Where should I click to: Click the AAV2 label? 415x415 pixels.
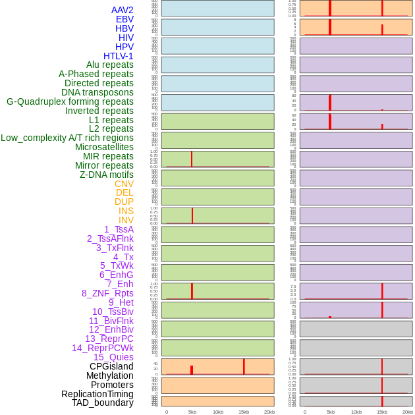(122, 10)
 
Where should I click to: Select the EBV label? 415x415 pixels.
(124, 19)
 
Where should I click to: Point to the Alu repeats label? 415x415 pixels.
(109, 65)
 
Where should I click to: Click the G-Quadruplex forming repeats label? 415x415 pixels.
(70, 101)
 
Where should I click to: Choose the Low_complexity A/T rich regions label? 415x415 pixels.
(67, 138)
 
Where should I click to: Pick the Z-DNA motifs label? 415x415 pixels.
(106, 175)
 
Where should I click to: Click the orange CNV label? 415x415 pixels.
(124, 184)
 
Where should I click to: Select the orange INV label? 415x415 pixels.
(126, 220)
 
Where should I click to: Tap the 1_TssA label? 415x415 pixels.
(119, 229)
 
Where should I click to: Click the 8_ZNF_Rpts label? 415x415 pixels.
(107, 293)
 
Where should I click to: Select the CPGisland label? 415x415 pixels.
(111, 366)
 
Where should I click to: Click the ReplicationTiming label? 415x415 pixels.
(97, 394)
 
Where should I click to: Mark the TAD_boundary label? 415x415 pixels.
(102, 402)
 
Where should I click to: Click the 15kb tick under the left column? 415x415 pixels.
(244, 412)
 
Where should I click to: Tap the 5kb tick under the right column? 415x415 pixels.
(331, 412)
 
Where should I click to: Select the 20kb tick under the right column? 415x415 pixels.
(408, 412)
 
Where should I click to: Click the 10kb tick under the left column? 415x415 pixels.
(218, 412)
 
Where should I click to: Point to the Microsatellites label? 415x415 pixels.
(104, 147)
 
